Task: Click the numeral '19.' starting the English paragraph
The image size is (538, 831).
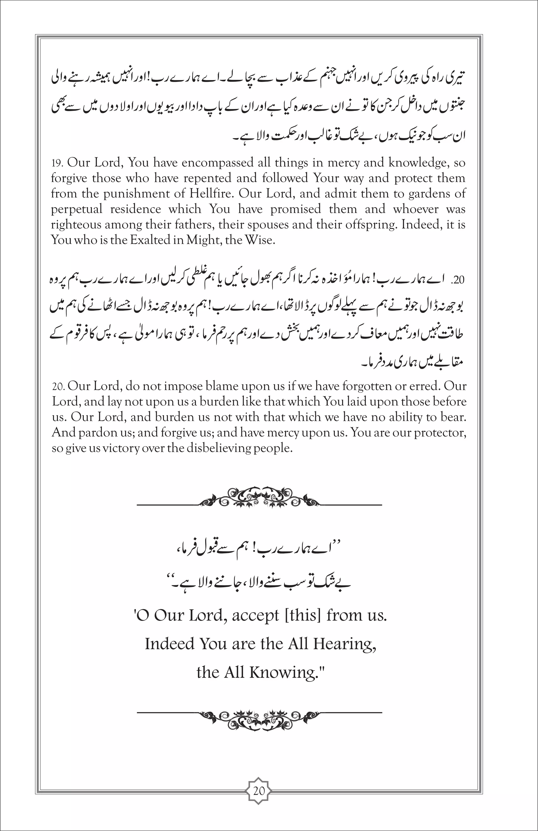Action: click(x=57, y=163)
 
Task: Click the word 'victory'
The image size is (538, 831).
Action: click(x=121, y=448)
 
